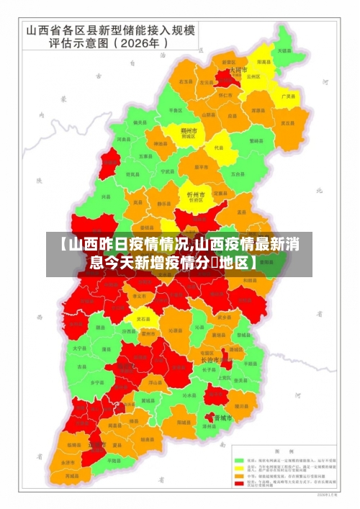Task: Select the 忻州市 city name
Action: coord(195,194)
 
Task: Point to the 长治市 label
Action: coord(212,361)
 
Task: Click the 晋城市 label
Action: coord(222,418)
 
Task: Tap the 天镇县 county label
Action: coord(284,51)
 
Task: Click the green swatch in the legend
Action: coord(239,459)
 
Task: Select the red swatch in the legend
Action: coord(239,484)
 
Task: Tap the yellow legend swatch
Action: coord(239,467)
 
